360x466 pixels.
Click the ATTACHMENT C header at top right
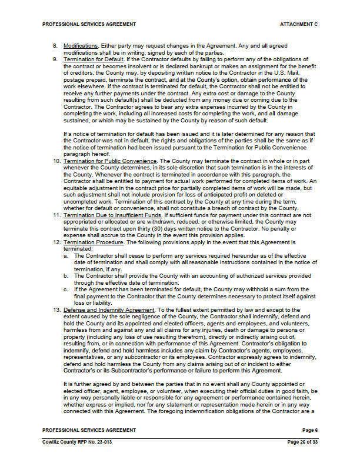[x=299, y=24]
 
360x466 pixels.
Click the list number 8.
[x=55, y=45]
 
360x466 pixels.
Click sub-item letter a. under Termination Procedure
[x=66, y=256]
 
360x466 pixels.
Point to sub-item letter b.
[x=66, y=275]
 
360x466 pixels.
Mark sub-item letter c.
[x=66, y=289]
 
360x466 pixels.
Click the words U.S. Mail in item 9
[x=293, y=72]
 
